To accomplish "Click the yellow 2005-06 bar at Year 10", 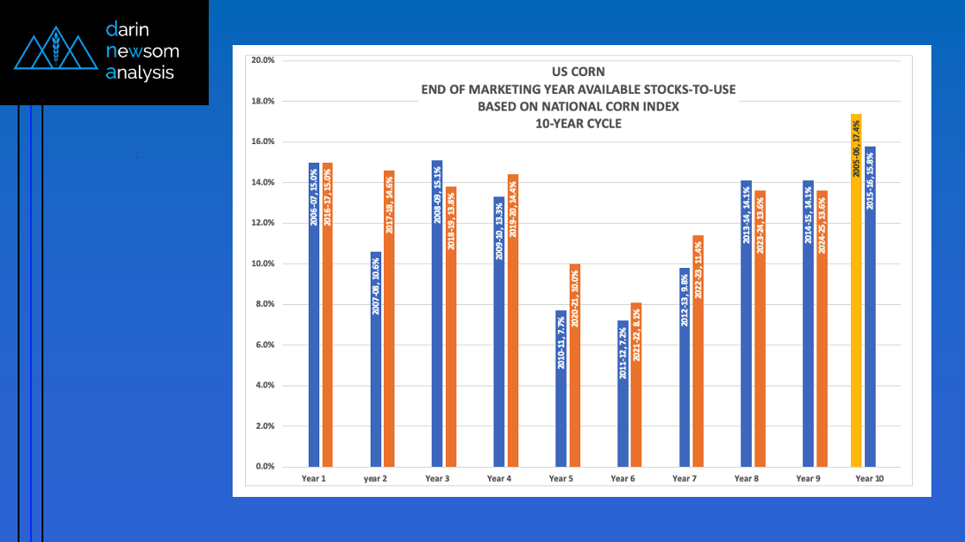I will click(856, 292).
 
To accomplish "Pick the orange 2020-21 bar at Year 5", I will click(575, 365).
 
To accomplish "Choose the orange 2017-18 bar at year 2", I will click(389, 318).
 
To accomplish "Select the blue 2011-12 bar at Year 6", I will click(623, 393).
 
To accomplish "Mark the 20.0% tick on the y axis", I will click(264, 60).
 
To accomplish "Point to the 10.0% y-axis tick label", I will click(264, 263).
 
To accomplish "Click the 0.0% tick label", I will click(265, 467).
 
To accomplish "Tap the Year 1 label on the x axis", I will click(314, 478).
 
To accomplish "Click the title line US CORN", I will click(579, 72).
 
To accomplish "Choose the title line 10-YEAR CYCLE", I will click(578, 124).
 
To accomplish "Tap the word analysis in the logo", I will click(140, 73).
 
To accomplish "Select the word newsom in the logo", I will click(142, 51).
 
